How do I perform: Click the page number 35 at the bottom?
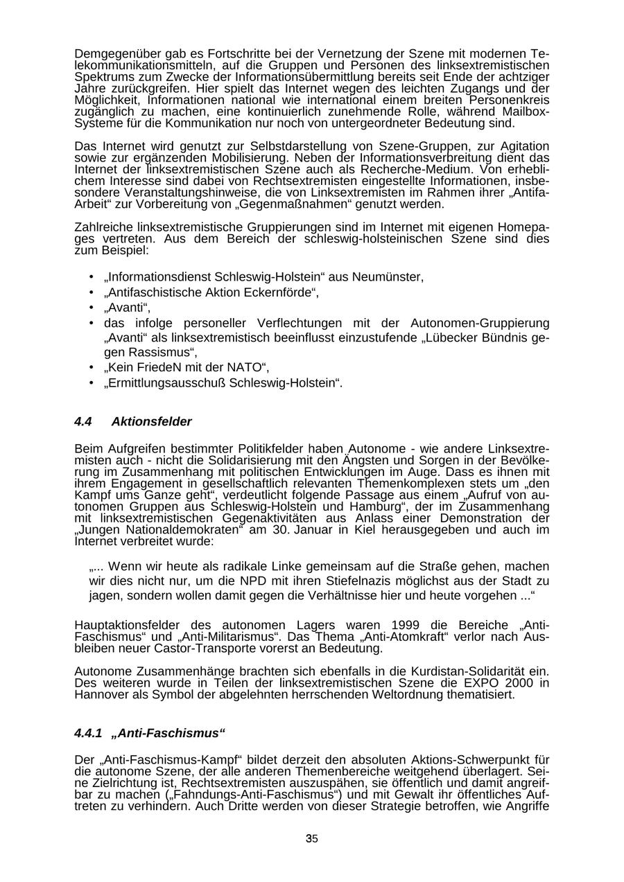312,839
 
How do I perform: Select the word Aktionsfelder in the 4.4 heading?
151,422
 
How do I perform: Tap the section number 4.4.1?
88,733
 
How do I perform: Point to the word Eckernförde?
279,292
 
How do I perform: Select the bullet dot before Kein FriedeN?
92,367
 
